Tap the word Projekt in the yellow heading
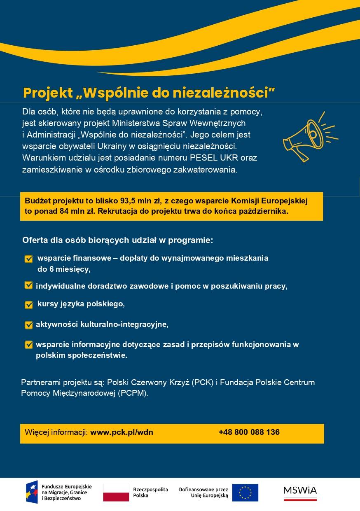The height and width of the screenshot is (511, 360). (48, 93)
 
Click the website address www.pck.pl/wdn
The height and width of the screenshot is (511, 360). (122, 432)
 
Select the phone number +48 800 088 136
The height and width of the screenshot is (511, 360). (249, 432)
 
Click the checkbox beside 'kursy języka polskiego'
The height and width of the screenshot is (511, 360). (29, 305)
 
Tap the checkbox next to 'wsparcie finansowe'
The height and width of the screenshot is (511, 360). (29, 259)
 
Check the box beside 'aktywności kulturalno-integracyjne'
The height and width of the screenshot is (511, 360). (29, 325)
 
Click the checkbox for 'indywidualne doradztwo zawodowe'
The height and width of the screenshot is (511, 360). (29, 285)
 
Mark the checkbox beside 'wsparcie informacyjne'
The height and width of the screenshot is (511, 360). (29, 345)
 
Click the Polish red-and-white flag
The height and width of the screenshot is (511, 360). (116, 492)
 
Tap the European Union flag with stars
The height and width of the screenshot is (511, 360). (245, 492)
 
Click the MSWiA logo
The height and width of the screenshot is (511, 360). (300, 491)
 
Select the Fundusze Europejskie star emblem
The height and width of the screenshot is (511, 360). (32, 492)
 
